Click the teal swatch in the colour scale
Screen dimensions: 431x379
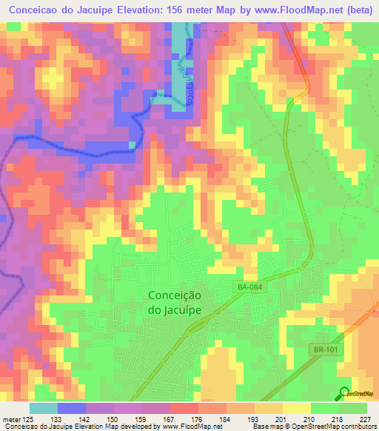(x=44, y=408)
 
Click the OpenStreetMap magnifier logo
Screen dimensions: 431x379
(x=344, y=393)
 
